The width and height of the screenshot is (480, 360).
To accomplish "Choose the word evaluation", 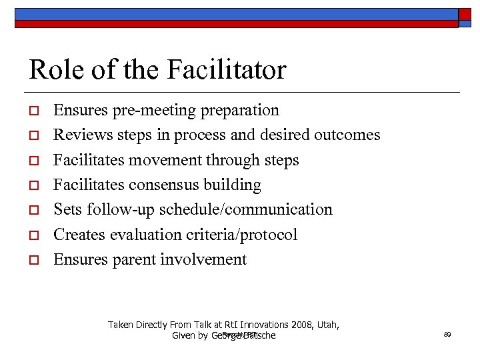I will point(146,235).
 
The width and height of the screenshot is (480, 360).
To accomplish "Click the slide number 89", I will point(447,335).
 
